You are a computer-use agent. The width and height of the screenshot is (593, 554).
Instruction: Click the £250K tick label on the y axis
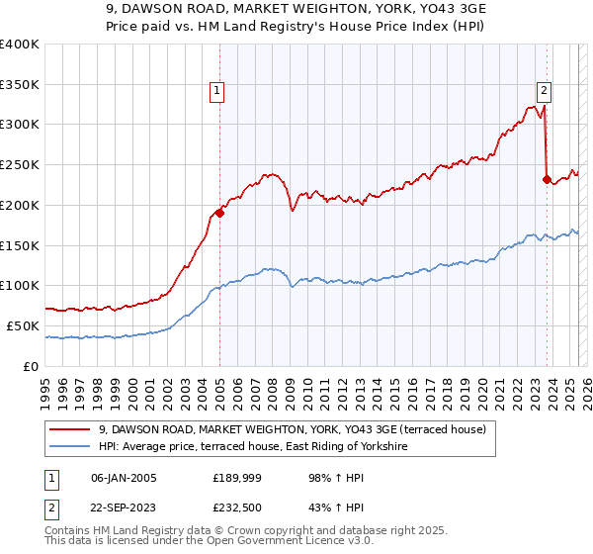coord(20,165)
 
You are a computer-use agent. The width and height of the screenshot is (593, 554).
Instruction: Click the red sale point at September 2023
coord(547,179)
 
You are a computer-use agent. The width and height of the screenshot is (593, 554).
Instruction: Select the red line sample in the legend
coord(71,429)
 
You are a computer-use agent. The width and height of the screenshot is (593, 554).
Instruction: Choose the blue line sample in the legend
coord(71,447)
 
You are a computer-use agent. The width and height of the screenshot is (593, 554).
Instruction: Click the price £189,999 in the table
coord(234,478)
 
